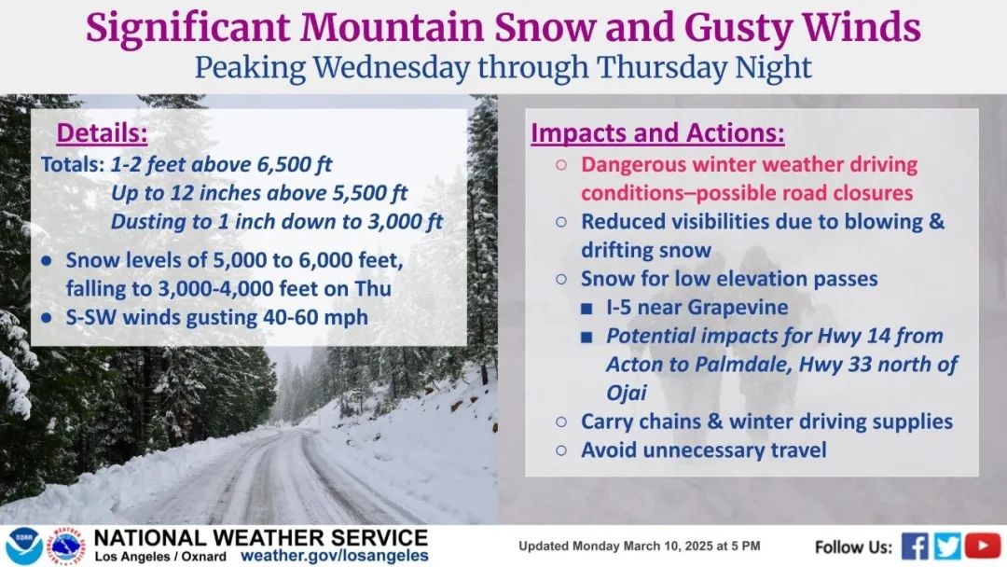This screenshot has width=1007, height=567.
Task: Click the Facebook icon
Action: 915,546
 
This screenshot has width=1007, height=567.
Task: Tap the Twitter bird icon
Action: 947,546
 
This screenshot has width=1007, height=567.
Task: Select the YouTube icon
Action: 983,546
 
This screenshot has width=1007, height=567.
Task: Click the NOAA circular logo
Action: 24,546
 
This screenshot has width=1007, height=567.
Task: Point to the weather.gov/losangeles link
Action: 334,556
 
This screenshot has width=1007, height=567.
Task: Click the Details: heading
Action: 103,133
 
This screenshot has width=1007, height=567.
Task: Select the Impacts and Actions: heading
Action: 657,133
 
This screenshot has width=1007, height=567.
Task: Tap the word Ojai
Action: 627,393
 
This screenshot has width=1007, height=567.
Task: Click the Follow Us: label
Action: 853,547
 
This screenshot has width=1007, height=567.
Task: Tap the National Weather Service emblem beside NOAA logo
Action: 67,546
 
